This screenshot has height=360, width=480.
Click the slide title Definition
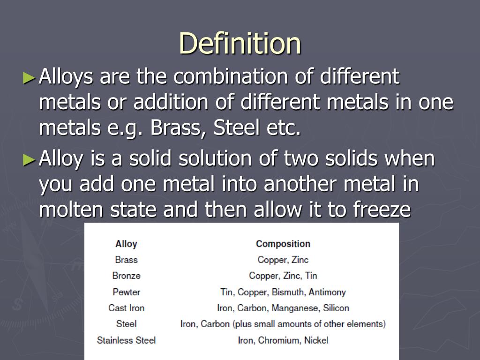point(240,43)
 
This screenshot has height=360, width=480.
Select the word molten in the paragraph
point(71,210)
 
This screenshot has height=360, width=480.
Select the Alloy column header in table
point(126,244)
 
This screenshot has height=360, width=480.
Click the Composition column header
point(283,244)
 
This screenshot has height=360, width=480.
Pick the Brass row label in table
point(126,260)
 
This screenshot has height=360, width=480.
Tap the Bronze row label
point(126,276)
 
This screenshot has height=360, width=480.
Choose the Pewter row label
point(126,292)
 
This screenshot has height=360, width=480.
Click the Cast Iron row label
point(126,308)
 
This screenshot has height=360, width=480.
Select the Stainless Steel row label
point(126,340)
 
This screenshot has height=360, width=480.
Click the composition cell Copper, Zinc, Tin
point(283,276)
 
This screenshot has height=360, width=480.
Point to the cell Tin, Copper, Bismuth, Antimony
point(283,292)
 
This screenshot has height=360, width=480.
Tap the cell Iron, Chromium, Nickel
point(283,340)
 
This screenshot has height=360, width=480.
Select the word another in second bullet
point(300,184)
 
